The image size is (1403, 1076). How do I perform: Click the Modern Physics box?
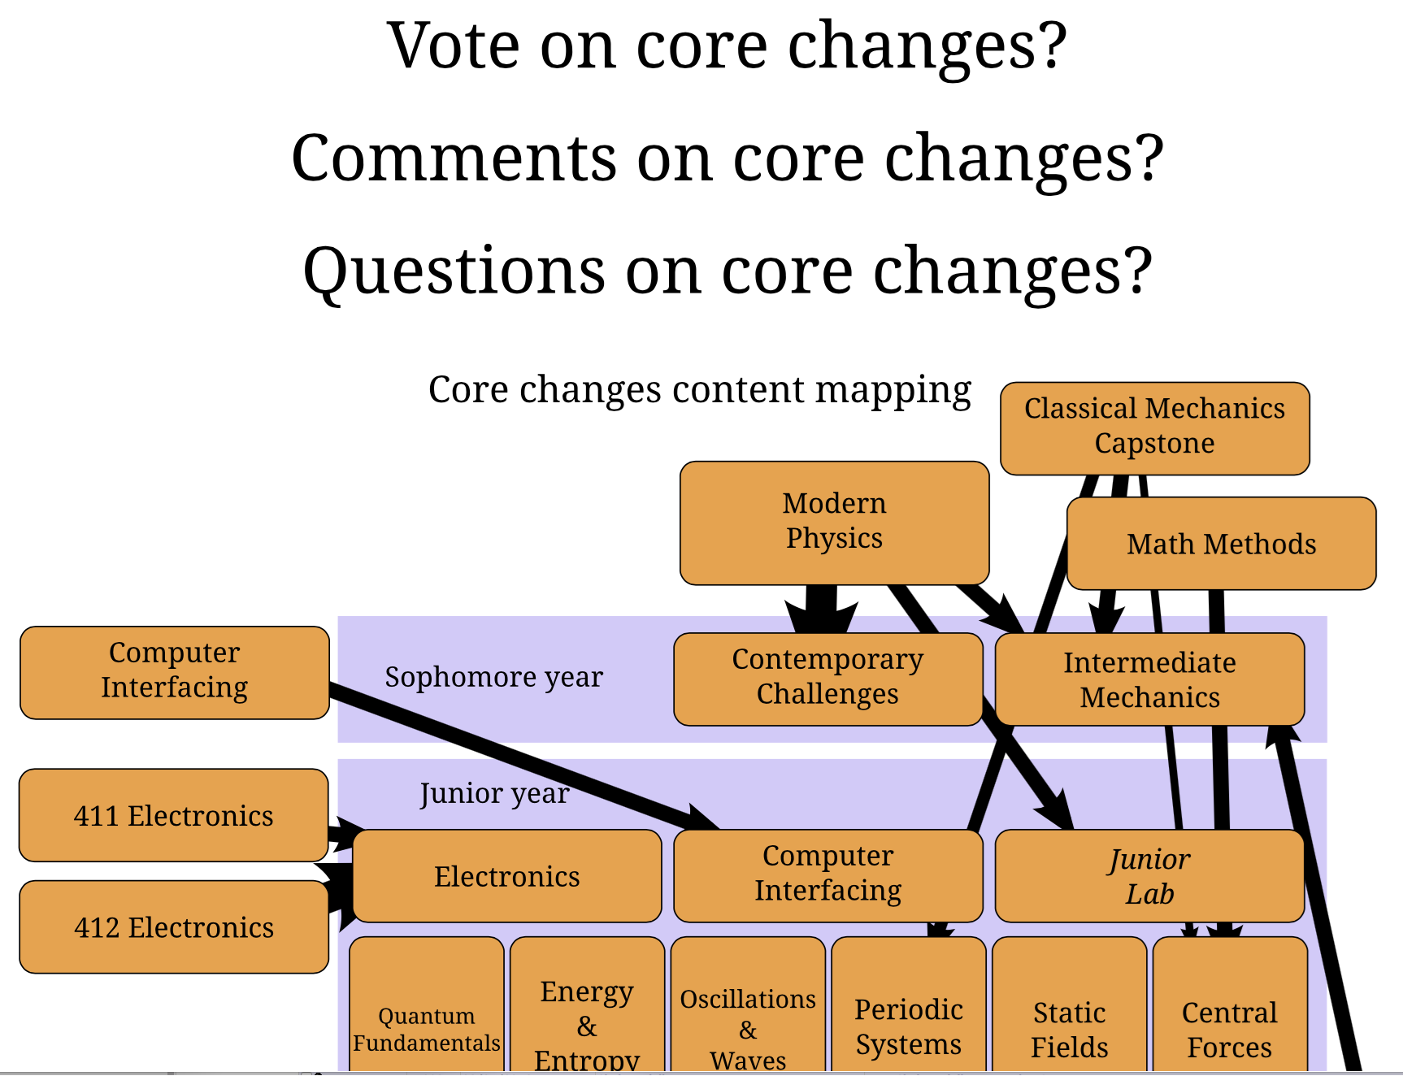pos(834,522)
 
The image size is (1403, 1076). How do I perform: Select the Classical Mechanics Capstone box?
pos(1154,427)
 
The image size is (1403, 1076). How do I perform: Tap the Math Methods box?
pos(1221,544)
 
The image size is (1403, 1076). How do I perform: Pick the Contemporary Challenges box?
pos(827,678)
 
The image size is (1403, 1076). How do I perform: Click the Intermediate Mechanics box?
pos(1149,679)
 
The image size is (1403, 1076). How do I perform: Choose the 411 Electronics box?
pos(173,815)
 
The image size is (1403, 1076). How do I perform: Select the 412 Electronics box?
pos(173,927)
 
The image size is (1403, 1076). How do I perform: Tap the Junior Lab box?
pos(1149,876)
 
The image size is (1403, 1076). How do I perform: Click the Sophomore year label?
pos(493,677)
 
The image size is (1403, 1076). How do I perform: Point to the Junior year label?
pos(493,793)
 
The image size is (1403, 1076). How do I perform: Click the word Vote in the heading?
pos(453,46)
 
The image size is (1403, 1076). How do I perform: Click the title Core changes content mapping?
pos(699,390)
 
